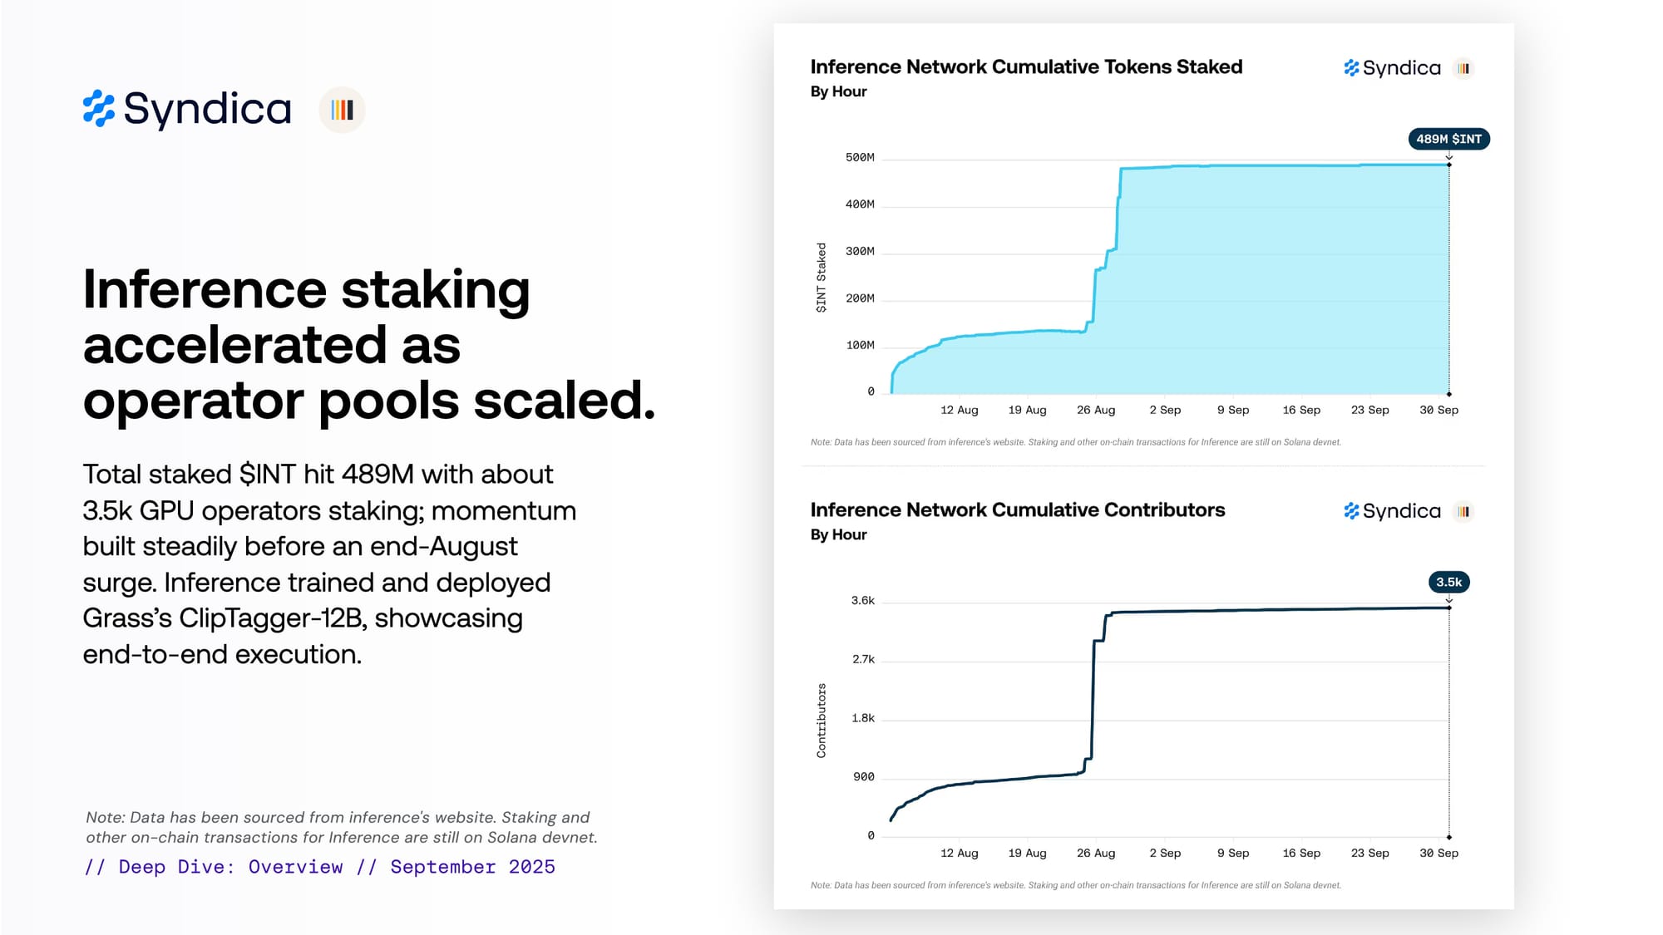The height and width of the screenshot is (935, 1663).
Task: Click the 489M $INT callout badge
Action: click(1448, 139)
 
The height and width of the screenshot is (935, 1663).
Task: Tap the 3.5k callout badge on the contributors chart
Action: click(1448, 582)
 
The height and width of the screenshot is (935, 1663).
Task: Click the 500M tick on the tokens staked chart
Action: click(860, 157)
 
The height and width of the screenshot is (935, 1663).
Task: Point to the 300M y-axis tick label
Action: click(860, 251)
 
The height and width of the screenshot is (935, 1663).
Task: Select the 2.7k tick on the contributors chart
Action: click(863, 659)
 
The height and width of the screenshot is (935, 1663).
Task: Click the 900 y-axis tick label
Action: click(863, 776)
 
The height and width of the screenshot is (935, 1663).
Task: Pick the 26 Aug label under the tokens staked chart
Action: click(1095, 410)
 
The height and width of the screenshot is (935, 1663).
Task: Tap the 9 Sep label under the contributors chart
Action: click(1232, 853)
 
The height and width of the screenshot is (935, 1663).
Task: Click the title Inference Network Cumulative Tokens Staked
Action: click(1026, 66)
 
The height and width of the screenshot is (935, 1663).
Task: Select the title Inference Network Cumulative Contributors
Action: click(1017, 509)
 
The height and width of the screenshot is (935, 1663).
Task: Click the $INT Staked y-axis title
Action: click(822, 278)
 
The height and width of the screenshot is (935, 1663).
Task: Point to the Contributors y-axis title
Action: click(822, 721)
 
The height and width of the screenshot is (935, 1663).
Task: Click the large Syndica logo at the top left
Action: click(187, 109)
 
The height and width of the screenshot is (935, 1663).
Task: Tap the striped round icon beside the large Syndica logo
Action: click(342, 110)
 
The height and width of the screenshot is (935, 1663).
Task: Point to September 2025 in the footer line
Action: click(472, 867)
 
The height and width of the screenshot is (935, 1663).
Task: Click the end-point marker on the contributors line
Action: click(1448, 608)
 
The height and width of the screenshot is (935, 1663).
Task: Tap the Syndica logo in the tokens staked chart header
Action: click(1392, 68)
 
